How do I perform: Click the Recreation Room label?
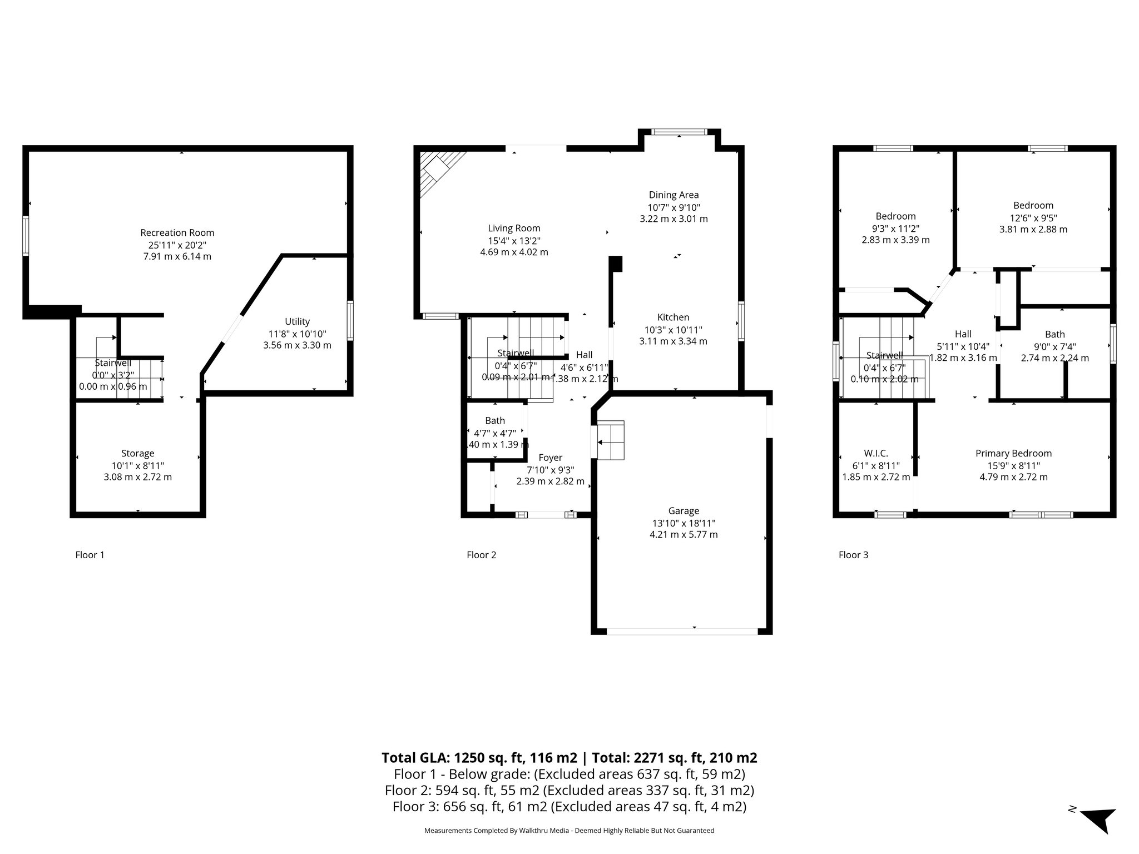click(x=177, y=232)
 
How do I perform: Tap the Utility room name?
click(x=297, y=321)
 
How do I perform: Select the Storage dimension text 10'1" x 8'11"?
click(x=137, y=465)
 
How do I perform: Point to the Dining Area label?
click(x=674, y=195)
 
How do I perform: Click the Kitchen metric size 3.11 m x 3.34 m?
click(x=673, y=341)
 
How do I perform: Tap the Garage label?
click(x=684, y=510)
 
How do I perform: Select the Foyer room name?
click(x=550, y=458)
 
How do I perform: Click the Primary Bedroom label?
click(x=1013, y=453)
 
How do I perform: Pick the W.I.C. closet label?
click(x=876, y=453)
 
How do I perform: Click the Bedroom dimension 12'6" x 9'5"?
click(x=1033, y=217)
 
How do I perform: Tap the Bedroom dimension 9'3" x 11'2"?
click(x=895, y=228)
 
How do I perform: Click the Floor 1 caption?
click(x=90, y=554)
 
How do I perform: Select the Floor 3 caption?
click(x=853, y=554)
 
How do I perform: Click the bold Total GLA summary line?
click(x=569, y=758)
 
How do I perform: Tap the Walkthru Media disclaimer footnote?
click(x=569, y=831)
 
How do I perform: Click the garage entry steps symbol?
click(x=610, y=440)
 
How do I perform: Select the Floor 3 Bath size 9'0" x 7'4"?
click(x=1054, y=346)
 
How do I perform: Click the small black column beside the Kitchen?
click(x=616, y=264)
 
